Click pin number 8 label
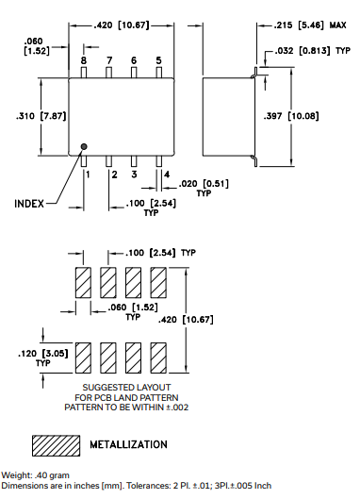[84, 60]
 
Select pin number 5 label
[158, 60]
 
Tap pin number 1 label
[88, 175]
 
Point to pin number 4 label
[167, 175]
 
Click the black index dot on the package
[84, 146]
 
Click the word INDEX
[34, 203]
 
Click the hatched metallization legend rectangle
[57, 443]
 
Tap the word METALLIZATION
[129, 444]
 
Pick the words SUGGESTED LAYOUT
[124, 388]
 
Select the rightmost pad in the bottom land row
[158, 356]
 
